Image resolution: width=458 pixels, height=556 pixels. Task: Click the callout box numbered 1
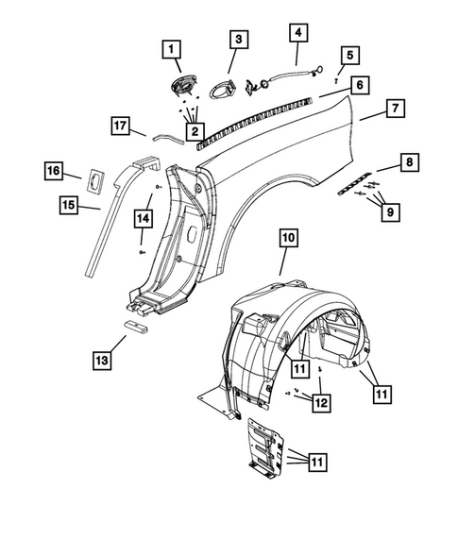pyautogui.click(x=172, y=48)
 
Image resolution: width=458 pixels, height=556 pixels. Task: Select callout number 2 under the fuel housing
pyautogui.click(x=195, y=130)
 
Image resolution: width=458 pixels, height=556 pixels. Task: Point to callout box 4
pyautogui.click(x=298, y=32)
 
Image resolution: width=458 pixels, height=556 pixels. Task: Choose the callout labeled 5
pyautogui.click(x=350, y=55)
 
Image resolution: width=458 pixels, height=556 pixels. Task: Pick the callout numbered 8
pyautogui.click(x=408, y=163)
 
